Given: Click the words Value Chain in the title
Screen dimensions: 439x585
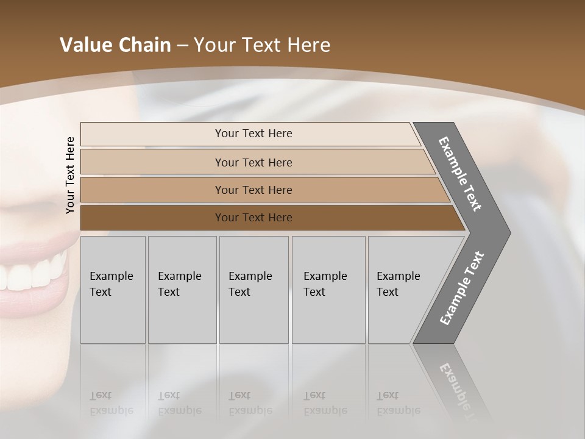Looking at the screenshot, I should [115, 45].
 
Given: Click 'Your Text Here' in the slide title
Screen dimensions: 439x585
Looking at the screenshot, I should [262, 45].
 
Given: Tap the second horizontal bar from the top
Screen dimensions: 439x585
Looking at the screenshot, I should [253, 162].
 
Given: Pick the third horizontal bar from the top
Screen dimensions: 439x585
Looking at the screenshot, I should [253, 190].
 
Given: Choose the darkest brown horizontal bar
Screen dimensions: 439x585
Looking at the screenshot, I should [253, 218].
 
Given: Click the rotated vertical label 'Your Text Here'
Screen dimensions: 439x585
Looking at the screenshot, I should [70, 175].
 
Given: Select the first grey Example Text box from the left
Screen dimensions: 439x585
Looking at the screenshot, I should [113, 290].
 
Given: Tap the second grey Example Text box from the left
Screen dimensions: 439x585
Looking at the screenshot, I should [182, 290].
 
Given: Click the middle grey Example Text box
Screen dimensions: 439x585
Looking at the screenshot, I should [253, 290].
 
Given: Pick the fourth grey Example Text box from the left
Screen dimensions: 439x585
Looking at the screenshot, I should [328, 290].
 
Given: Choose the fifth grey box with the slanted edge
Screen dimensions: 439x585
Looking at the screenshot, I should [400, 290].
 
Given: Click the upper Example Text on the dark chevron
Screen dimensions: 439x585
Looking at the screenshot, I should [461, 174].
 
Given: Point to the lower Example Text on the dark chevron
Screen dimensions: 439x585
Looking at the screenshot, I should [462, 288].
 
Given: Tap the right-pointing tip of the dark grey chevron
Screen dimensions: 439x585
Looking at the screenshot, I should [506, 233].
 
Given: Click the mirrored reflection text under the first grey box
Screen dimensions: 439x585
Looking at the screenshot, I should [111, 403].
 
